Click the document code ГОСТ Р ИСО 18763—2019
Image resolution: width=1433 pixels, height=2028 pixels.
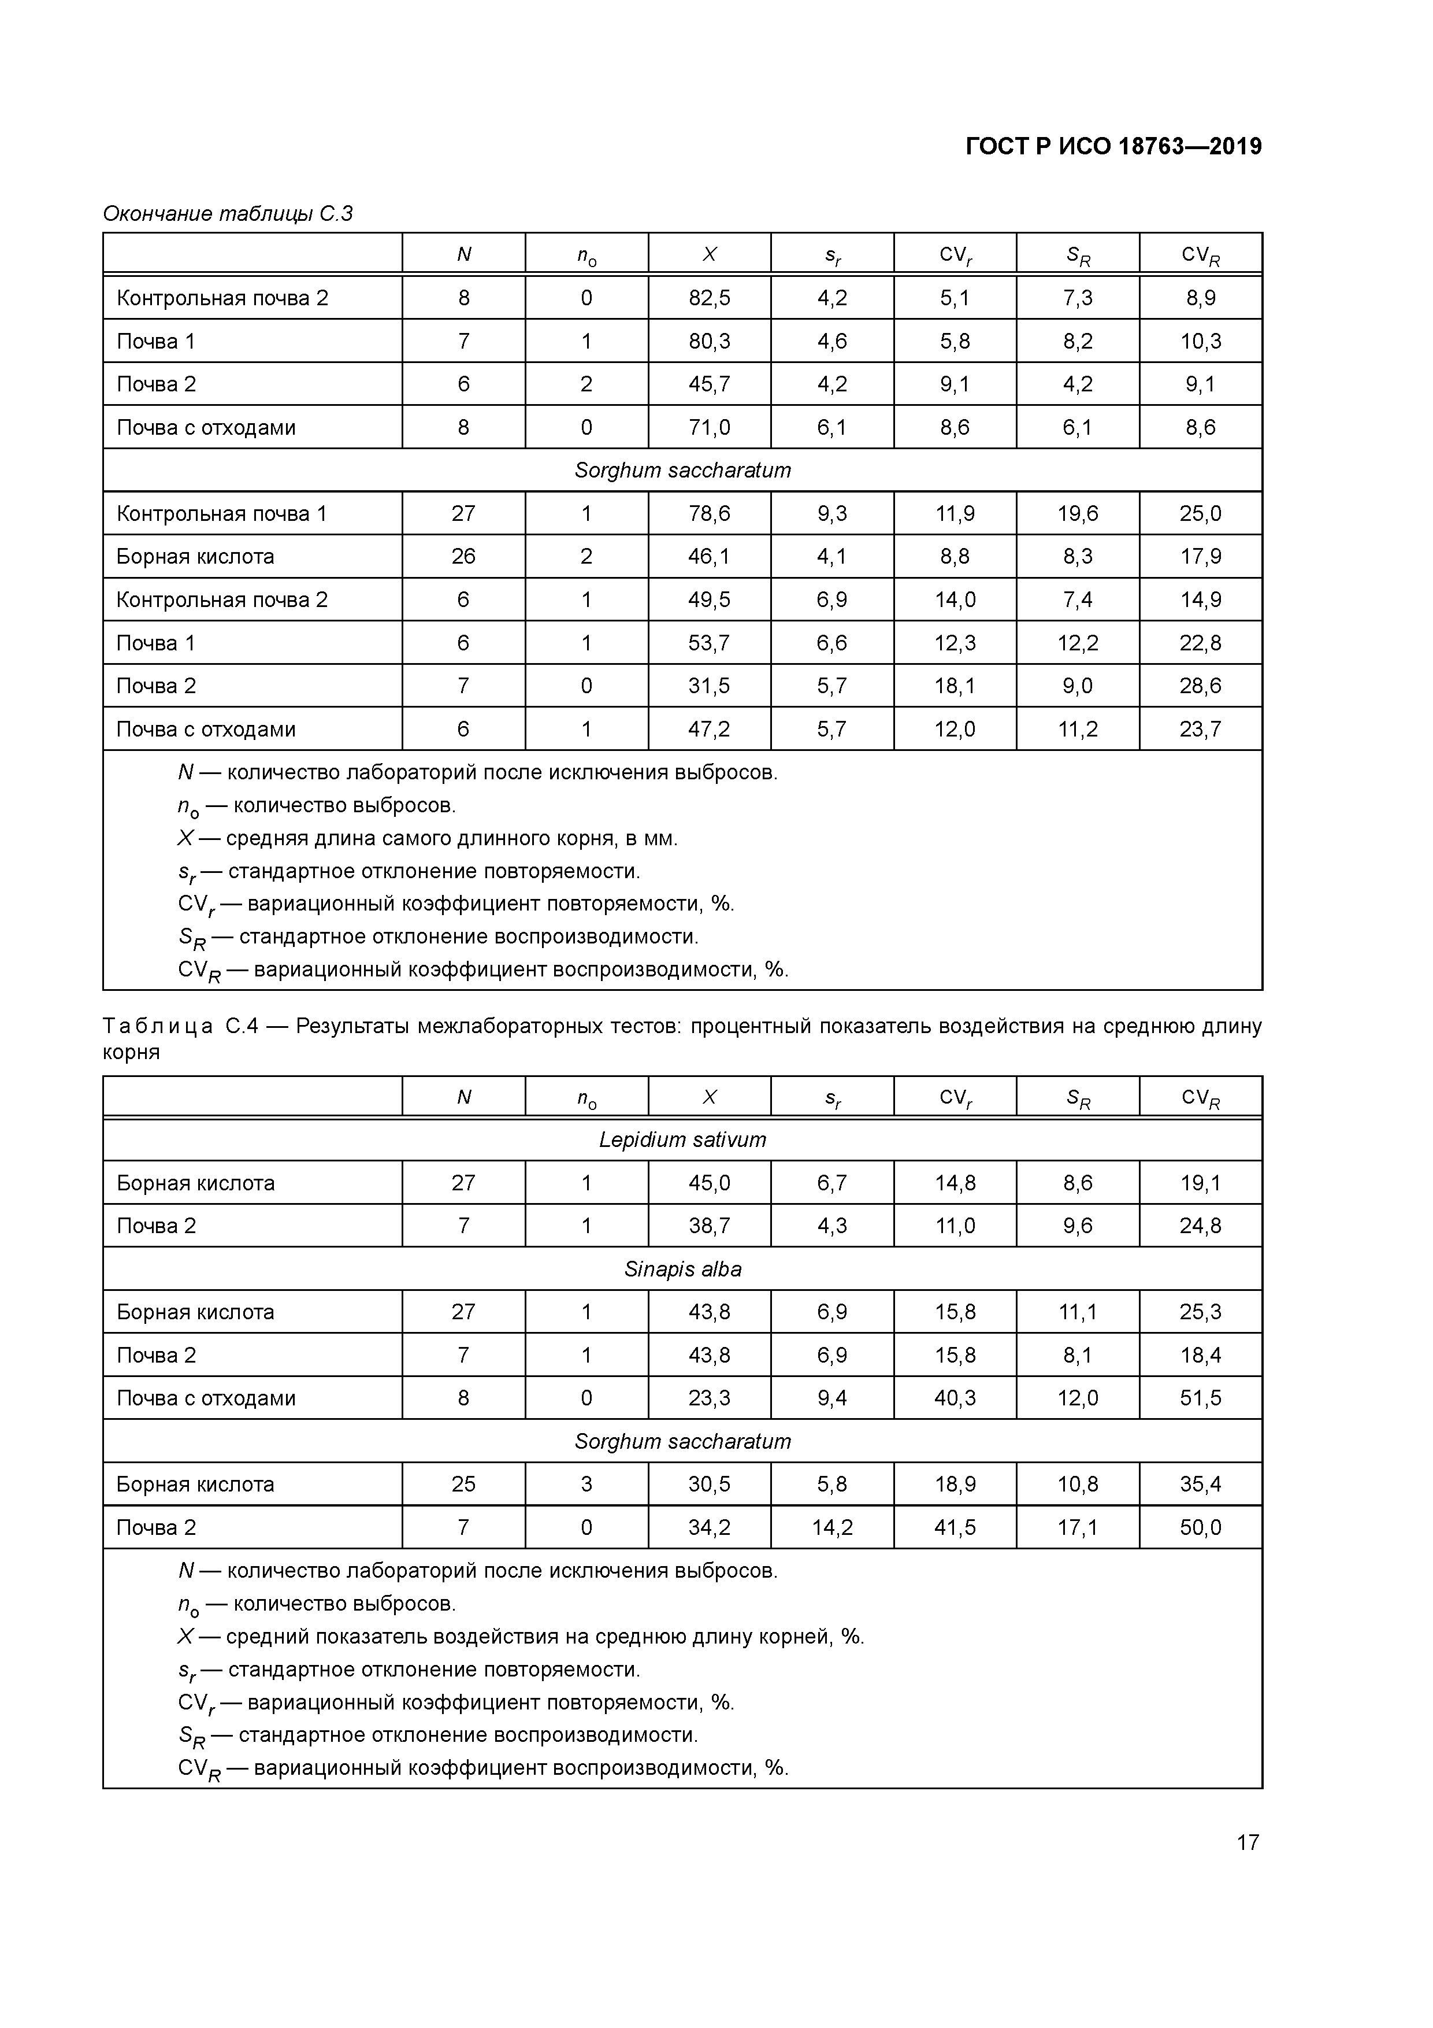coord(1113,147)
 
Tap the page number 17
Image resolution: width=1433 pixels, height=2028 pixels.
coord(1247,1842)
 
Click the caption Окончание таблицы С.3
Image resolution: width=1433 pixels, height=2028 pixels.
coord(228,214)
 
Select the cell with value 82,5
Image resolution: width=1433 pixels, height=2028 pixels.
coord(709,298)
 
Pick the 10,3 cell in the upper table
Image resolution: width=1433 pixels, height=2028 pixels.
coord(1200,342)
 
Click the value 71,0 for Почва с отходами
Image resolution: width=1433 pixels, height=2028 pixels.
coord(709,427)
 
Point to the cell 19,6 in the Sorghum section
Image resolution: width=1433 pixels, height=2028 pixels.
coord(1077,514)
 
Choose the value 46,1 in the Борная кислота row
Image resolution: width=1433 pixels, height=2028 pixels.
coord(709,557)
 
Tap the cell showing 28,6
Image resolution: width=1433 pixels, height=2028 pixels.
coord(1200,686)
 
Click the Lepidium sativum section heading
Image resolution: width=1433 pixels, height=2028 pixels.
coord(682,1140)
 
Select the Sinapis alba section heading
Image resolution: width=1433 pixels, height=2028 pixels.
coord(682,1270)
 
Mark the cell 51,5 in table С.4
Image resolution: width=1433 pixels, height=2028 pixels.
coord(1200,1398)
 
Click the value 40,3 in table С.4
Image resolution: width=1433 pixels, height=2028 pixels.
coord(955,1398)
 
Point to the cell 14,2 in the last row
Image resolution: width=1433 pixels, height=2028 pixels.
coord(831,1528)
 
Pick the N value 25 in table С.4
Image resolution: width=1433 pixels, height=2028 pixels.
coord(463,1485)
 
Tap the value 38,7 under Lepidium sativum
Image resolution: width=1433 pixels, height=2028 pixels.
coord(709,1226)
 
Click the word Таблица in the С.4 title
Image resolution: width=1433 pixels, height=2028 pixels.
coord(157,1026)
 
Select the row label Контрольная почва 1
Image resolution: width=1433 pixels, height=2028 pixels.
coord(222,514)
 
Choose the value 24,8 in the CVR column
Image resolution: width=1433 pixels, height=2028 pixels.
coord(1200,1226)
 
